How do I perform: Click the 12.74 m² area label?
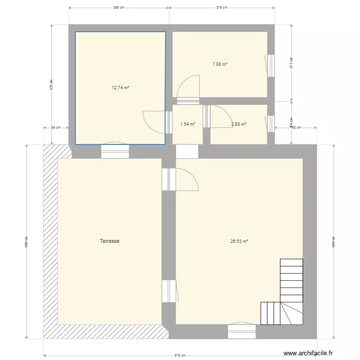(120, 88)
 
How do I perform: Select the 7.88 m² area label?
(220, 64)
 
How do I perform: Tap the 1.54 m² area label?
(188, 124)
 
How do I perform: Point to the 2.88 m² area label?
(239, 124)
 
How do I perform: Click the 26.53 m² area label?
(239, 241)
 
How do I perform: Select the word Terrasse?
(109, 241)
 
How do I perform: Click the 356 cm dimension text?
(119, 8)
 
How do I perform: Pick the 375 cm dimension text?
(221, 8)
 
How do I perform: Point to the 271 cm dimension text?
(291, 63)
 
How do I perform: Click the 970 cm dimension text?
(180, 356)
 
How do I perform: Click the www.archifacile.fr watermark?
(308, 353)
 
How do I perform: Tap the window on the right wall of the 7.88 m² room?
(271, 65)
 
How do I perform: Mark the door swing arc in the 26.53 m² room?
(188, 180)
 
